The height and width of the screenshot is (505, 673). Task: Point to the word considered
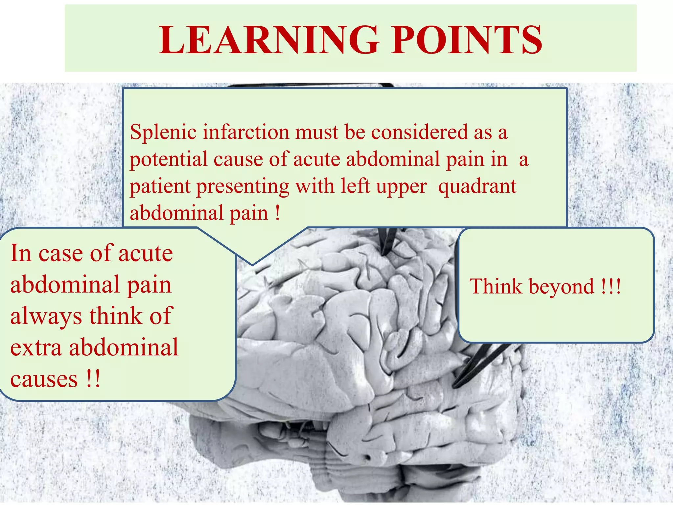[420, 132]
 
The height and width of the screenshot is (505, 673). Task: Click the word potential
[168, 159]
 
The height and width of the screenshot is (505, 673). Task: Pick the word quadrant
[477, 186]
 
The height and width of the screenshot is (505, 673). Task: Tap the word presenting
[243, 186]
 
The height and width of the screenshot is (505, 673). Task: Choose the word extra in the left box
[36, 348]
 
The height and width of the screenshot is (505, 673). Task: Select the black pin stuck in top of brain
[388, 242]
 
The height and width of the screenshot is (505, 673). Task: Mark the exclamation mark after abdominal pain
[278, 213]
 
